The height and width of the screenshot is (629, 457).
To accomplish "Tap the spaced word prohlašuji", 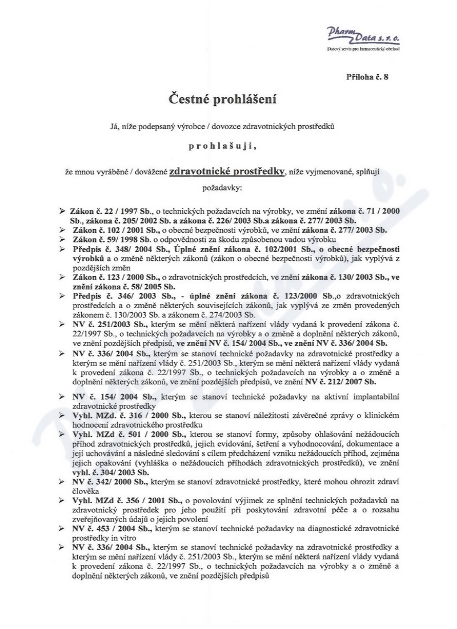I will point(223,146).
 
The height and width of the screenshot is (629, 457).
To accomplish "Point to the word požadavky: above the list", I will point(223,187).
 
